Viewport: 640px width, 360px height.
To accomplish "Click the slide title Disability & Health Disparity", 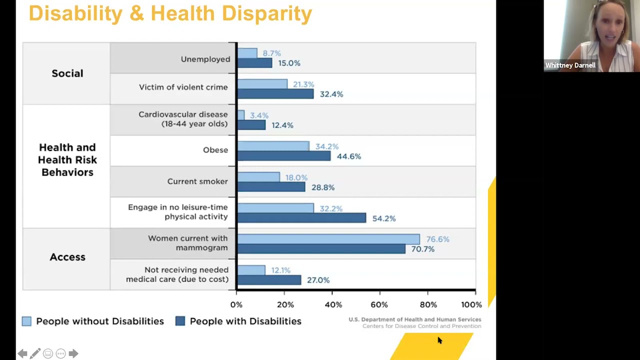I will [170, 13].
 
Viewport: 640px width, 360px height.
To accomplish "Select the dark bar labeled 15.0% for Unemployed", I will [254, 63].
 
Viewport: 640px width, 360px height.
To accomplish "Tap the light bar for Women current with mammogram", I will [328, 239].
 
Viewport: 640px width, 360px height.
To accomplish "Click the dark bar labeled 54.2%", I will [301, 218].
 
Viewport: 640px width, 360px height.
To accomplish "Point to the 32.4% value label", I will [331, 94].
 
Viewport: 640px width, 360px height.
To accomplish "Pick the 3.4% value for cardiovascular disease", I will [259, 115].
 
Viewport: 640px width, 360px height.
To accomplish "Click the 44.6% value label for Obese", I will [348, 156].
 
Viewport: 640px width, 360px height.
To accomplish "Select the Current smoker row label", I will [197, 181].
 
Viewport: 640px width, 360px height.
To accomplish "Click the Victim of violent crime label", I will [183, 87].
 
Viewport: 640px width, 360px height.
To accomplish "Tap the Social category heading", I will [67, 73].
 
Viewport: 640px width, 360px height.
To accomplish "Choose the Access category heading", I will [67, 257].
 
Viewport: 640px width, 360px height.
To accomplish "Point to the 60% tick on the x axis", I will [379, 304].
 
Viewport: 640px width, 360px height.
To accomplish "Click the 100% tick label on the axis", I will [471, 304].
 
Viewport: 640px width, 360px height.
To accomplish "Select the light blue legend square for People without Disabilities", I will [26, 321].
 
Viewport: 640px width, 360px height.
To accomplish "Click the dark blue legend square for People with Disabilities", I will [180, 321].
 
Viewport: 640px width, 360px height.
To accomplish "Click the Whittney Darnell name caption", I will [570, 65].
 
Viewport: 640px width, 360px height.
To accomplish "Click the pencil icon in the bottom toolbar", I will [35, 354].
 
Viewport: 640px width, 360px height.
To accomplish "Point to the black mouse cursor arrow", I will [439, 340].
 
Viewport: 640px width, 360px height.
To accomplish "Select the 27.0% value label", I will [318, 280].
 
